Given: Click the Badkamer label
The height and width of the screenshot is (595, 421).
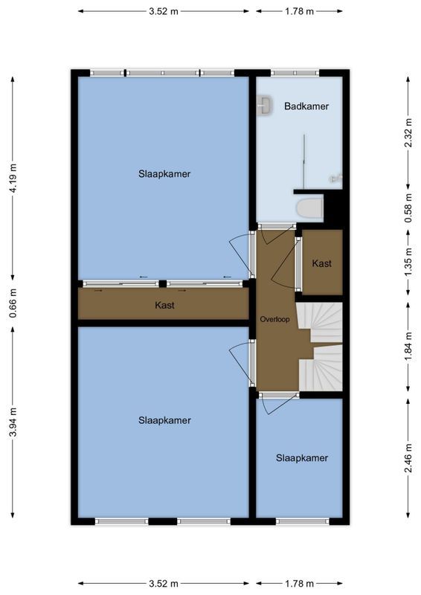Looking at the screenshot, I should pyautogui.click(x=306, y=106).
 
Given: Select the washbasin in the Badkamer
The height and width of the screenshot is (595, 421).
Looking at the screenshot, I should pyautogui.click(x=263, y=106).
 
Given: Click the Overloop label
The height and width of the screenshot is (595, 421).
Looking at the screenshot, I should pyautogui.click(x=274, y=320).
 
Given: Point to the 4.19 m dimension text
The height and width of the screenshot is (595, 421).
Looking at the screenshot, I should pyautogui.click(x=13, y=179).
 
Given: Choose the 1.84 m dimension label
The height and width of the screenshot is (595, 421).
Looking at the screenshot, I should pyautogui.click(x=408, y=345).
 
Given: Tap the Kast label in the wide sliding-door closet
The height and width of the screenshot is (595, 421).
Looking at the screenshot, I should pyautogui.click(x=164, y=305).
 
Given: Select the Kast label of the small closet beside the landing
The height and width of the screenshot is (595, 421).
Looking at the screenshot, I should pyautogui.click(x=321, y=263).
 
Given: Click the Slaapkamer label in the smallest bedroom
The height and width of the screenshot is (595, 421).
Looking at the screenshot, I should pyautogui.click(x=301, y=458).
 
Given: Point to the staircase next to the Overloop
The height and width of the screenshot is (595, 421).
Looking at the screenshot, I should pyautogui.click(x=321, y=346).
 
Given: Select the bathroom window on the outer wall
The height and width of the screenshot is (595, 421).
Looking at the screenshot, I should pyautogui.click(x=294, y=73).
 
